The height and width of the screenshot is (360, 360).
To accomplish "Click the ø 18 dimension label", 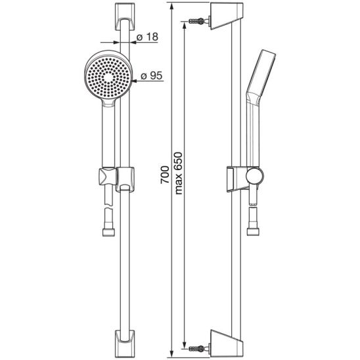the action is pyautogui.click(x=147, y=37).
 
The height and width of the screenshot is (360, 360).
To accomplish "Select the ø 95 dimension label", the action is pyautogui.click(x=151, y=76).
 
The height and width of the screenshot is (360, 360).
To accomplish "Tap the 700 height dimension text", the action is pyautogui.click(x=165, y=175).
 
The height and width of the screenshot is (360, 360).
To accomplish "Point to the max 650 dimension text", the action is pyautogui.click(x=179, y=173).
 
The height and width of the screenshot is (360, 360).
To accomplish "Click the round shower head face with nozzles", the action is pyautogui.click(x=108, y=78).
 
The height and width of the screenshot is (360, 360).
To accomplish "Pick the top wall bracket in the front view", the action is pyautogui.click(x=124, y=16).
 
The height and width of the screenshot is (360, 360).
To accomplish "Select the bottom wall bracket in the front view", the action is pyautogui.click(x=124, y=344).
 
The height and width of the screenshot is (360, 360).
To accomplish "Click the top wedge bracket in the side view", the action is pyautogui.click(x=226, y=15).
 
